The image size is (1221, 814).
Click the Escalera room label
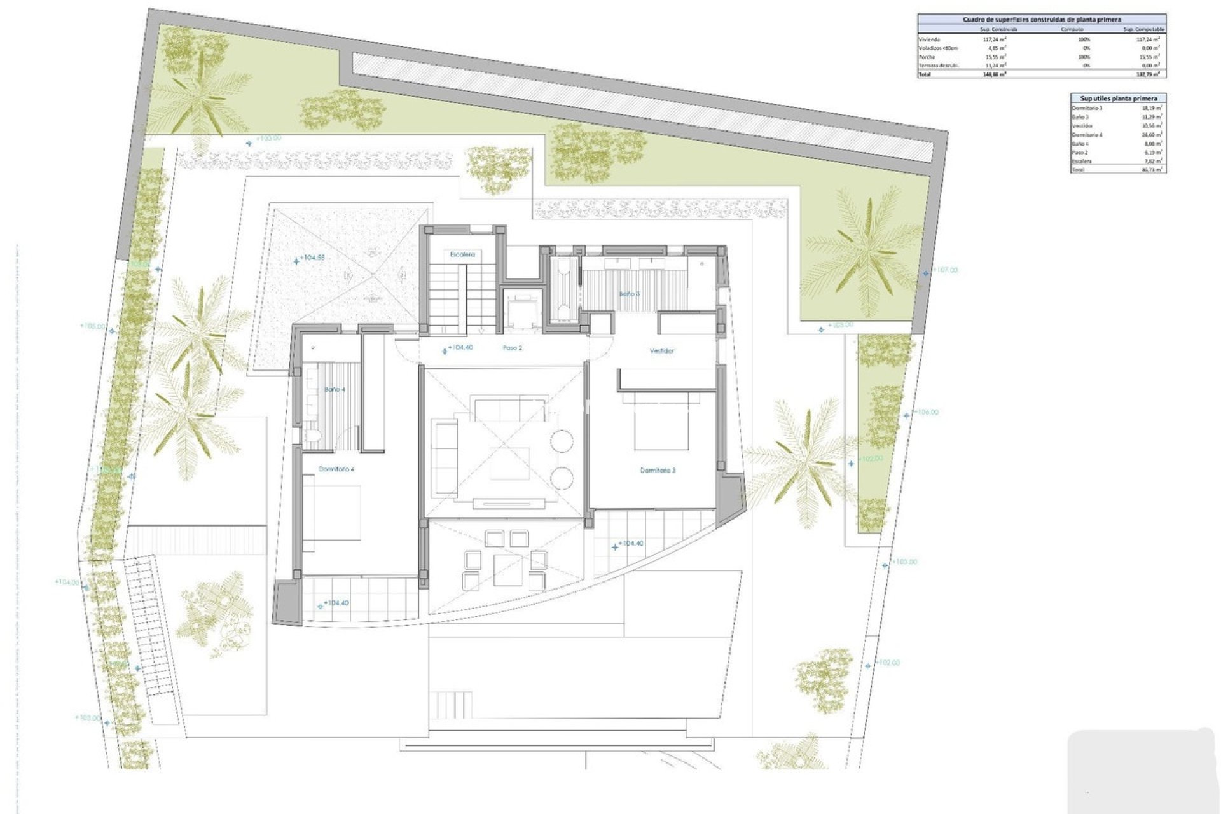(462, 254)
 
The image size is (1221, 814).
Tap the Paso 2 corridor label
(512, 348)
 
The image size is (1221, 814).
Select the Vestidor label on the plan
(661, 350)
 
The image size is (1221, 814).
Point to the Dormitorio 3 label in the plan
(658, 470)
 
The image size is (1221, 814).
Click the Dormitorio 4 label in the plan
(336, 469)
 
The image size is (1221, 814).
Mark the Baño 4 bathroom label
(334, 389)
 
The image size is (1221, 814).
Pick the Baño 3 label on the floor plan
(629, 294)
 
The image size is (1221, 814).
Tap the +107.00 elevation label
(945, 270)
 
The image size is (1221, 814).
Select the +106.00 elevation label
(926, 412)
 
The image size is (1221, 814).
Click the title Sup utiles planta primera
(1118, 99)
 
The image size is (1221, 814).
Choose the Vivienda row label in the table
(929, 39)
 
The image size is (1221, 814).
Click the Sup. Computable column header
(1143, 29)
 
